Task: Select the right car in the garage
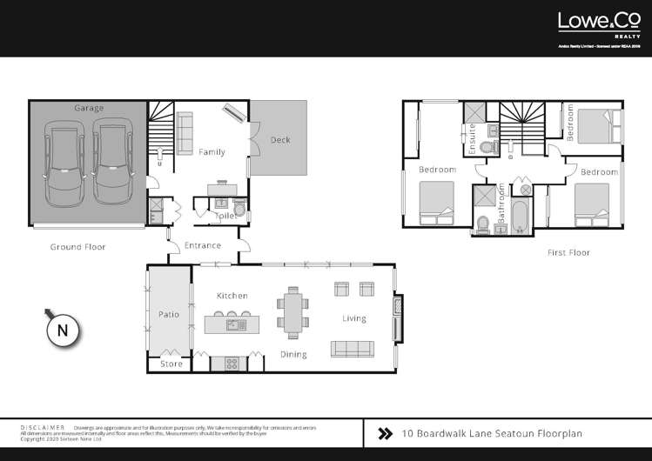(x=111, y=164)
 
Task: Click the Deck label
(x=280, y=140)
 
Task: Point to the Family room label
(x=212, y=152)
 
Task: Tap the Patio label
(x=168, y=314)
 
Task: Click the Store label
(x=172, y=364)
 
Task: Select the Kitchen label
(x=232, y=296)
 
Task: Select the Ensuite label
(x=473, y=140)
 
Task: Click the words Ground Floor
(x=77, y=247)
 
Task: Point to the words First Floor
(x=568, y=252)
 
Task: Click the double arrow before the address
(x=384, y=431)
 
